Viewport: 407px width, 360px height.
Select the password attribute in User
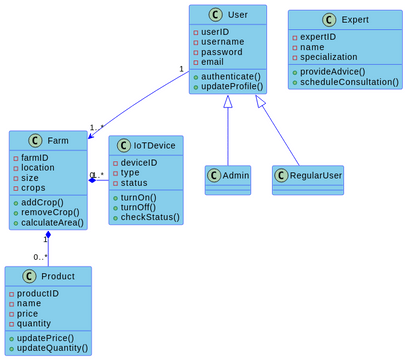(x=222, y=52)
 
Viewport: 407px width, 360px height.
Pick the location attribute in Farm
(x=40, y=167)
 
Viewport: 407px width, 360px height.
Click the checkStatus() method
(x=150, y=217)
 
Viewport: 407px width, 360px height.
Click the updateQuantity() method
(x=53, y=348)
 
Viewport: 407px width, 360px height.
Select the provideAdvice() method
(x=333, y=70)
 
